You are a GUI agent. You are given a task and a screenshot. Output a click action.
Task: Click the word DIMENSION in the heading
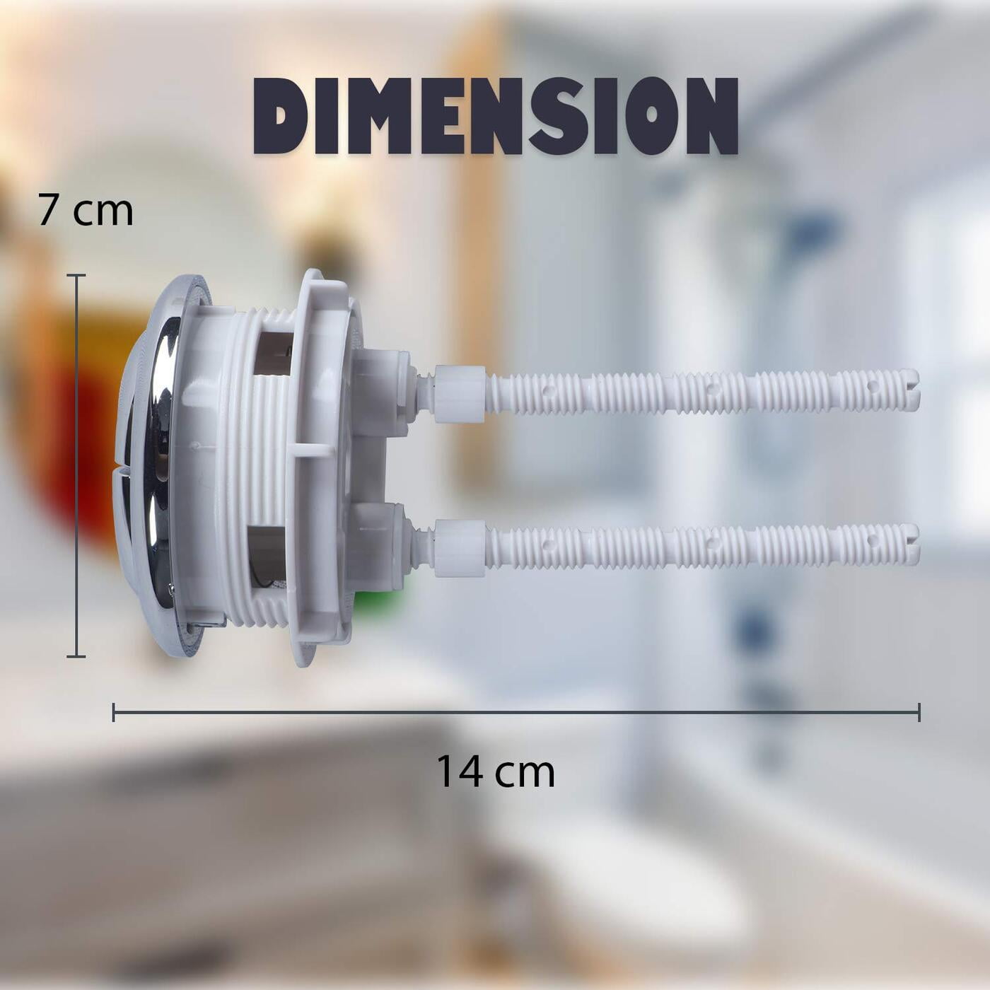pyautogui.click(x=496, y=116)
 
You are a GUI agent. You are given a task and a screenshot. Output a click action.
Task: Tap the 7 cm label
pyautogui.click(x=86, y=211)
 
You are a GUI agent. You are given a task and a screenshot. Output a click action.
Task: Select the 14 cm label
pyautogui.click(x=496, y=771)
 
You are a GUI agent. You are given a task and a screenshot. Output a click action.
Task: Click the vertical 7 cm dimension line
pyautogui.click(x=76, y=465)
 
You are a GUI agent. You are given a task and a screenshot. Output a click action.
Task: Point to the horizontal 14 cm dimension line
pyautogui.click(x=516, y=713)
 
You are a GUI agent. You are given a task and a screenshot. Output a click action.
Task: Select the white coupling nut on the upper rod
pyautogui.click(x=460, y=394)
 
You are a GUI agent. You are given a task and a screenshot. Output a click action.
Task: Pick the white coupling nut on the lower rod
pyautogui.click(x=460, y=547)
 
